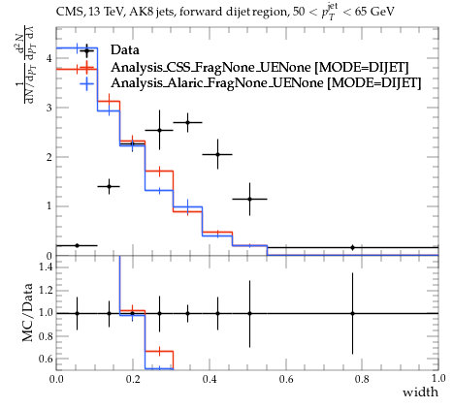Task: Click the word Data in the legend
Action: click(x=125, y=49)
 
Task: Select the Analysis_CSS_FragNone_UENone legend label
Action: click(x=212, y=67)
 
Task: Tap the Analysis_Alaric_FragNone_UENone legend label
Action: click(x=217, y=82)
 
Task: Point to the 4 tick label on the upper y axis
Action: click(x=49, y=58)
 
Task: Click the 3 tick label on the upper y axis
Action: click(x=49, y=108)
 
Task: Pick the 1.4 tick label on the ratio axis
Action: click(x=46, y=267)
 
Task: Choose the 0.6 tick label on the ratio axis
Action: click(x=46, y=359)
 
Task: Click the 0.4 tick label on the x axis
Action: click(x=210, y=378)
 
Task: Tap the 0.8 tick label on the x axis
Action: click(x=362, y=378)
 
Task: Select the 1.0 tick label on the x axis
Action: click(x=438, y=378)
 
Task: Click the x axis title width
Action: click(x=420, y=392)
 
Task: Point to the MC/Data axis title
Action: click(x=28, y=312)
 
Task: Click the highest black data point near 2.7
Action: click(x=187, y=122)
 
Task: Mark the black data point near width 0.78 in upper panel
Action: click(x=353, y=247)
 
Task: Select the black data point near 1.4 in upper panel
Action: click(x=109, y=186)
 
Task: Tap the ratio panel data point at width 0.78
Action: click(x=353, y=313)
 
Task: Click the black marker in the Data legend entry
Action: click(x=86, y=50)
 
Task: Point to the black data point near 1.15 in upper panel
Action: click(x=249, y=199)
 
